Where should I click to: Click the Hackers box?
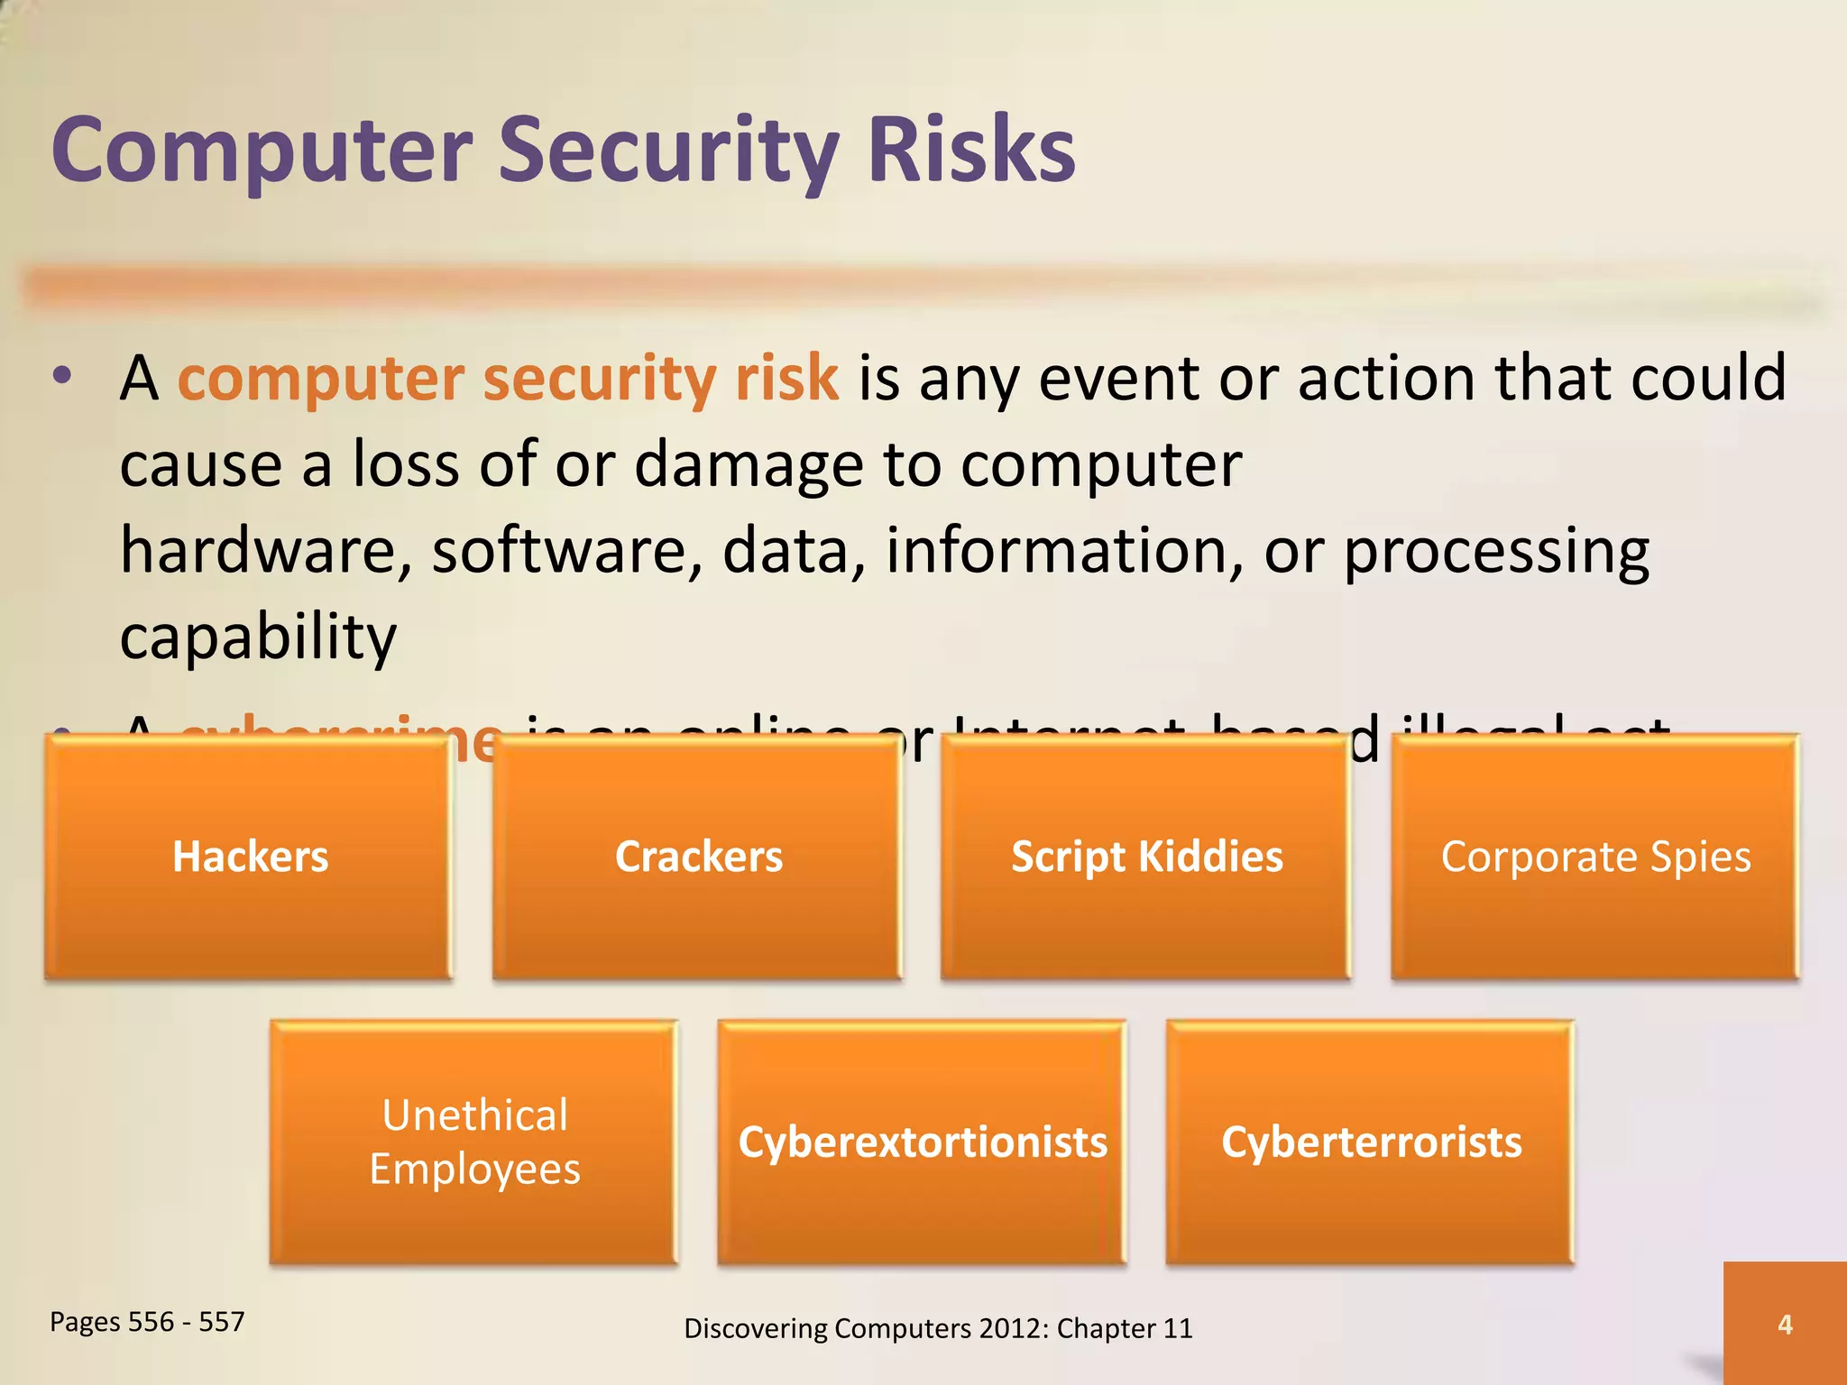250,857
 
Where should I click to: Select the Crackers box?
698,857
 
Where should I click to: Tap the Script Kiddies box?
1146,857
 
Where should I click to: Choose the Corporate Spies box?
1595,857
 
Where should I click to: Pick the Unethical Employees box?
474,1142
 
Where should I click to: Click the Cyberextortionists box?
923,1142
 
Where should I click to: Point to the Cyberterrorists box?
1371,1142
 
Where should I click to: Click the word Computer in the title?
262,151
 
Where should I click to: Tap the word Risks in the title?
971,151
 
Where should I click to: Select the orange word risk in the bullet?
786,378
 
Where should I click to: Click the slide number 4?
1785,1324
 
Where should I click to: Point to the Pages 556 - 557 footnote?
147,1322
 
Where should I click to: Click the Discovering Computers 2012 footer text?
938,1328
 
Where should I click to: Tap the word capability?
258,637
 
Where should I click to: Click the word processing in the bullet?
1496,551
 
